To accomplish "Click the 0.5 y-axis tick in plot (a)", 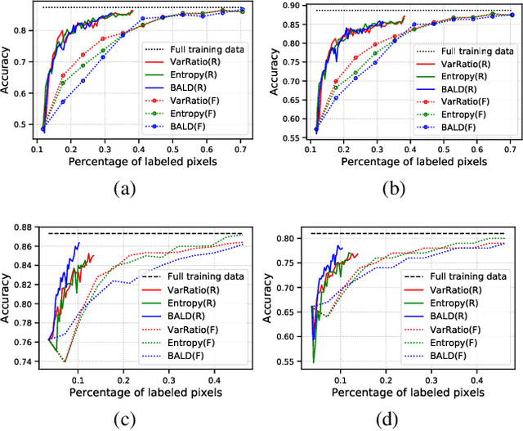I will point(20,124).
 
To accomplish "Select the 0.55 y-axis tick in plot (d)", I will point(283,361).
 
